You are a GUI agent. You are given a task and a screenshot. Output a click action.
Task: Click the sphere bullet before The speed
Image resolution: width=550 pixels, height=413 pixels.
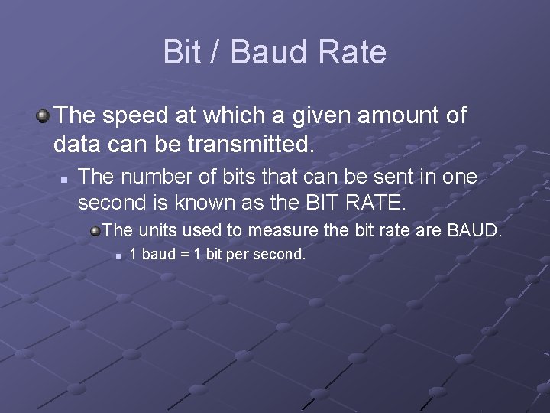(x=43, y=116)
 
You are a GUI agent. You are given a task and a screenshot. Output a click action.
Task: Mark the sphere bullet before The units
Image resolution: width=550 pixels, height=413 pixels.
(x=95, y=229)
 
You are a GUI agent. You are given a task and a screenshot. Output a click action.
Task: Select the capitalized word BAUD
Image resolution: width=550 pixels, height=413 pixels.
(x=475, y=229)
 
